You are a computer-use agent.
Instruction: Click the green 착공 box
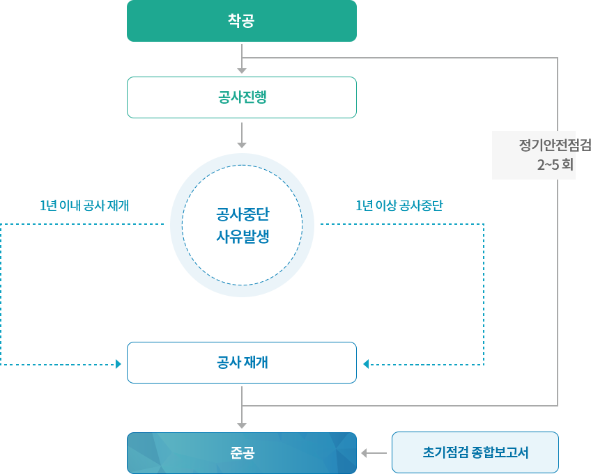(241, 21)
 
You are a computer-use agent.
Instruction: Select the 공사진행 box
(241, 97)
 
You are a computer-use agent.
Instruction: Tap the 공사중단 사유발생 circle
(242, 225)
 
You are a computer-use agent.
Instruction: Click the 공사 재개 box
(241, 362)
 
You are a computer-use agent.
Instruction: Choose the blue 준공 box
(241, 453)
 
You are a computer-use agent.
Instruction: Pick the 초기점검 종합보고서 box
(475, 452)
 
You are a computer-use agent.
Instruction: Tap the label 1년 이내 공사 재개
(84, 205)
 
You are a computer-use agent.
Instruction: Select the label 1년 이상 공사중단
(399, 205)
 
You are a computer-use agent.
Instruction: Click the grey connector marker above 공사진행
(242, 70)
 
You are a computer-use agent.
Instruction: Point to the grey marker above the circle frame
(242, 145)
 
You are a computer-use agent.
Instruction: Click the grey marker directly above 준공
(242, 425)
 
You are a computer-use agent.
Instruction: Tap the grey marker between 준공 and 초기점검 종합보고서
(364, 453)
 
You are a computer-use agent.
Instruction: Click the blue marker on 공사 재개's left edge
(118, 363)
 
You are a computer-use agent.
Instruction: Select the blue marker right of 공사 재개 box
(366, 363)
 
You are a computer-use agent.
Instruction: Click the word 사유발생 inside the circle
(242, 236)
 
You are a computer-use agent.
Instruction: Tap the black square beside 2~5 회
(583, 164)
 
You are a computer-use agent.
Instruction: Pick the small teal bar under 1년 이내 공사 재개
(43, 235)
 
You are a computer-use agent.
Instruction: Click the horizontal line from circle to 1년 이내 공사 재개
(125, 224)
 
